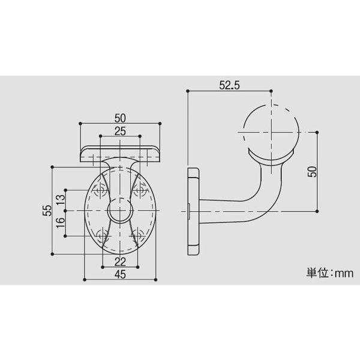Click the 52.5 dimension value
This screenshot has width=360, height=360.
tap(229, 85)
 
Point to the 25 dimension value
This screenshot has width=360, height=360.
tap(120, 131)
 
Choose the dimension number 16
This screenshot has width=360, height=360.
tap(60, 224)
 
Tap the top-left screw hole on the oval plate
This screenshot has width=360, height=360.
tap(100, 191)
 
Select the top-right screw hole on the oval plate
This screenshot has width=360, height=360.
tap(141, 191)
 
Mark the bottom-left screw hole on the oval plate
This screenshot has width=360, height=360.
tap(100, 235)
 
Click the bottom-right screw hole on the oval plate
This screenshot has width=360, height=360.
tap(141, 235)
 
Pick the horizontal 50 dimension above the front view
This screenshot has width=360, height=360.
tap(120, 118)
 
